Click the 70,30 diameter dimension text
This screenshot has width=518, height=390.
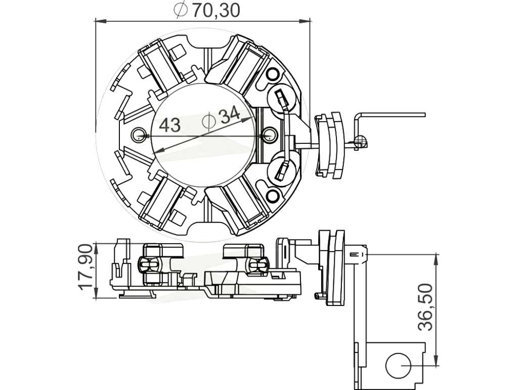[x=216, y=10]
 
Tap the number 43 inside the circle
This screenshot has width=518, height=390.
[x=170, y=126]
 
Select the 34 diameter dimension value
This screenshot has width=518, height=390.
[x=230, y=115]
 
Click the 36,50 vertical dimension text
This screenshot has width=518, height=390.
[x=425, y=307]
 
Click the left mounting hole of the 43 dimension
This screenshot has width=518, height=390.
[x=138, y=135]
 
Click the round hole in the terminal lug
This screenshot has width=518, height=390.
[x=398, y=366]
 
